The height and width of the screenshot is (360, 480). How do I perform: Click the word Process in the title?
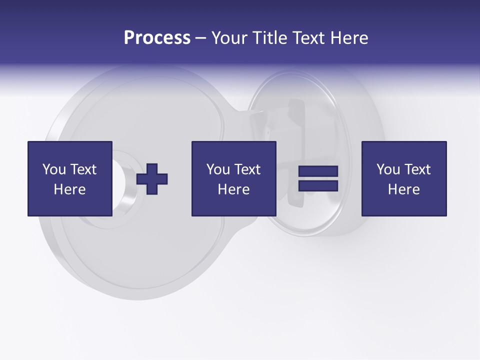click(157, 38)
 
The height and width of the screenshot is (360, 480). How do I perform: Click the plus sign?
click(152, 179)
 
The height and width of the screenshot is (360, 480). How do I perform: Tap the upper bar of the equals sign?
click(318, 171)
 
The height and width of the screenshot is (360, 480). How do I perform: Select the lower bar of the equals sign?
click(318, 185)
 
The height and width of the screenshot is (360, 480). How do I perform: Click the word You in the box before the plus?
click(54, 169)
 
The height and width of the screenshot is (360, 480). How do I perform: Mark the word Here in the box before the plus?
click(69, 189)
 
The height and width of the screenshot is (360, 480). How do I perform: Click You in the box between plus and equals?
click(218, 169)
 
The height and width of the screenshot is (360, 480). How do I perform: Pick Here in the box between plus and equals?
click(233, 189)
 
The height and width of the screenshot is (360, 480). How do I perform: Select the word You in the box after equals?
click(388, 169)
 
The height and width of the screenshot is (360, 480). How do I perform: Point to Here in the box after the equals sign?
click(403, 189)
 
